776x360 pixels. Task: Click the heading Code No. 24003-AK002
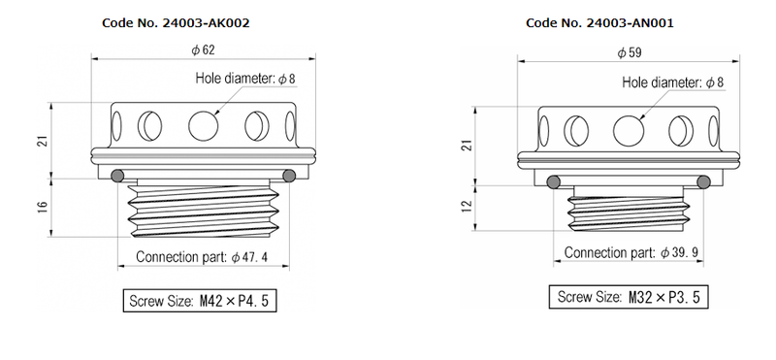[x=176, y=23]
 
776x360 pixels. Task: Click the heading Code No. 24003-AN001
[x=599, y=23]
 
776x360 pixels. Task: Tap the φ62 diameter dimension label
[x=204, y=50]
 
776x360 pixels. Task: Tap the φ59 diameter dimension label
[x=630, y=53]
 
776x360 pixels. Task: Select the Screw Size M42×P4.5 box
[x=200, y=301]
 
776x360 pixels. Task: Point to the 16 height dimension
[x=43, y=207]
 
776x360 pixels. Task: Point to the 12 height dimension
[x=469, y=204]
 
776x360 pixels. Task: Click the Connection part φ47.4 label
[x=202, y=257]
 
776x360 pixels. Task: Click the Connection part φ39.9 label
[x=631, y=253]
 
